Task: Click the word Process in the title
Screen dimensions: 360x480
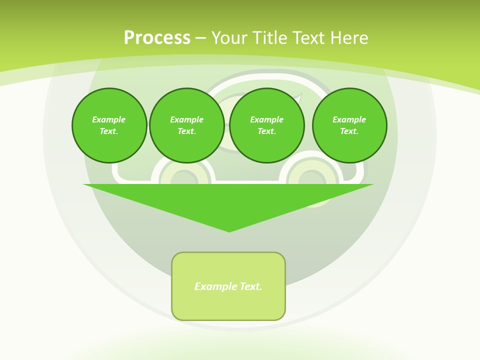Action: click(x=157, y=38)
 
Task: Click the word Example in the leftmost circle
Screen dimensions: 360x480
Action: click(x=109, y=119)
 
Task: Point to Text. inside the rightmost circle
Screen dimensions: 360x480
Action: click(x=349, y=131)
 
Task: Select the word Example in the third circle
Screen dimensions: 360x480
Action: click(x=266, y=119)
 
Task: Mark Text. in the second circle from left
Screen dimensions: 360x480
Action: click(x=186, y=131)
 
